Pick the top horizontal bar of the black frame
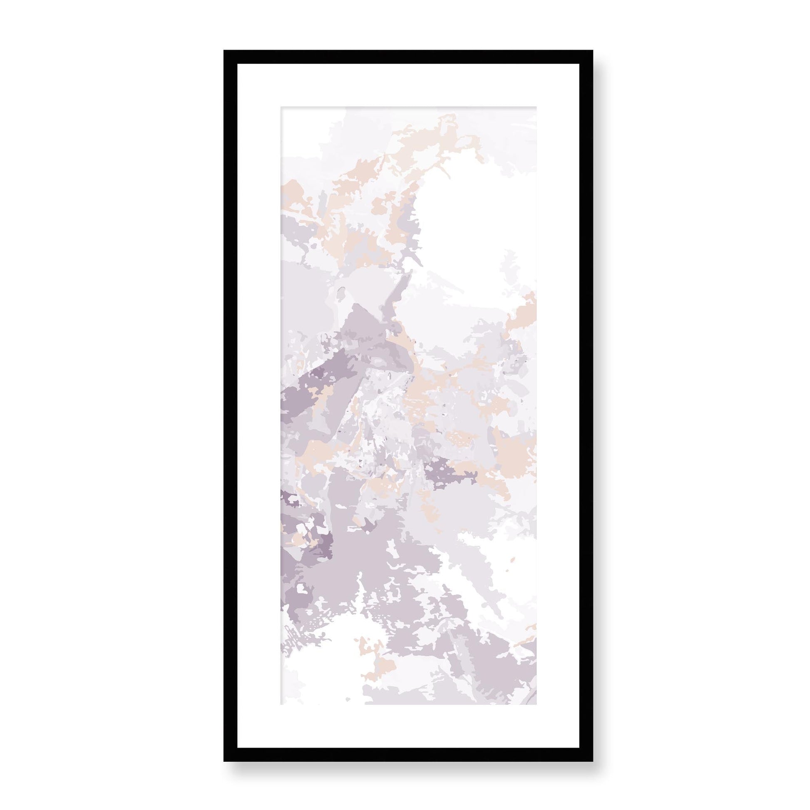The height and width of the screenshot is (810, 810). click(x=408, y=57)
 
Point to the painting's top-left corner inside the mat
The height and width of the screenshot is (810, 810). click(x=281, y=107)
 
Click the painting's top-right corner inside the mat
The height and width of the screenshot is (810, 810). click(x=536, y=107)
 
